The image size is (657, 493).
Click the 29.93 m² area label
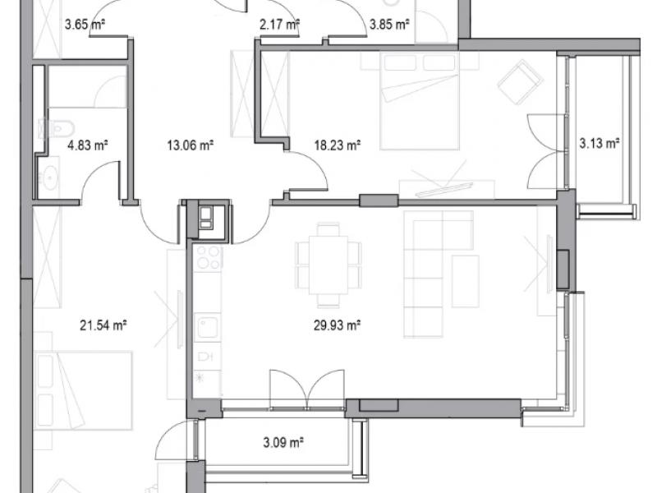tap(338, 325)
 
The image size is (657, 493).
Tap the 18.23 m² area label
tap(338, 145)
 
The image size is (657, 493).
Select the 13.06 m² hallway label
tap(191, 145)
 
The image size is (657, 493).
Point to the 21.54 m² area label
tap(103, 325)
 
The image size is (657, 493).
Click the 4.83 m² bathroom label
tap(88, 145)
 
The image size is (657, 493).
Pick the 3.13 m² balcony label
tap(600, 143)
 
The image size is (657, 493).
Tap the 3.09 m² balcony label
tap(283, 442)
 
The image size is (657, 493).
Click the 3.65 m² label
tap(85, 25)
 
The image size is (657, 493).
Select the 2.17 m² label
tap(279, 25)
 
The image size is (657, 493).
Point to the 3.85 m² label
tap(389, 25)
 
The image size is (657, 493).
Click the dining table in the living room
tap(328, 265)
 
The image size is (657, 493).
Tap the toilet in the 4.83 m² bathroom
tap(56, 128)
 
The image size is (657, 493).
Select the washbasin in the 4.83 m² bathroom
tap(49, 177)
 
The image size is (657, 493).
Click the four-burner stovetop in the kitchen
tap(209, 257)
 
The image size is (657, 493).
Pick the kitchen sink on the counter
tap(208, 327)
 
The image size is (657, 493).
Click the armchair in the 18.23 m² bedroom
tap(520, 82)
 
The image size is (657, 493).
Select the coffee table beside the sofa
tap(466, 281)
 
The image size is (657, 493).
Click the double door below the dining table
tap(307, 389)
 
